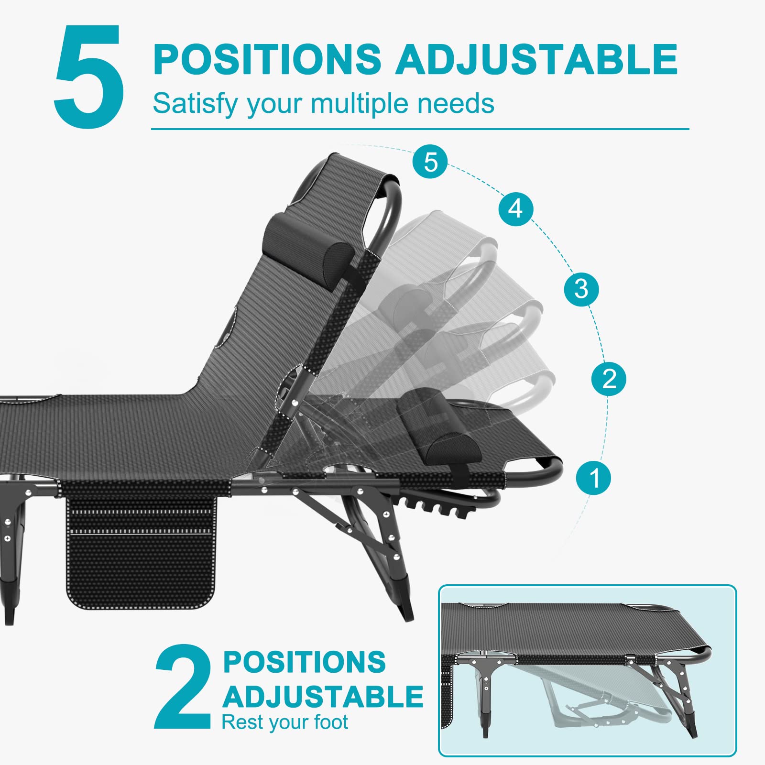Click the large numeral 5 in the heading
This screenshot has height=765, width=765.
pos(89,76)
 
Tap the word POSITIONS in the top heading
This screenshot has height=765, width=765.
pos(267,59)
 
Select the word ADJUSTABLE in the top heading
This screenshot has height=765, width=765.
pos(536,59)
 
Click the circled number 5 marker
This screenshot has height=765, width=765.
pos(430,162)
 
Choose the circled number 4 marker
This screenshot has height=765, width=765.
pos(515,208)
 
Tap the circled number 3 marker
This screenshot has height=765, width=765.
pos(581,289)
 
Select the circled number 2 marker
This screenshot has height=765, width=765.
pos(609,379)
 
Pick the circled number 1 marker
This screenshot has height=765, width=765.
pos(593,477)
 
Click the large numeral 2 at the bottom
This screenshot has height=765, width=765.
pos(184,687)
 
